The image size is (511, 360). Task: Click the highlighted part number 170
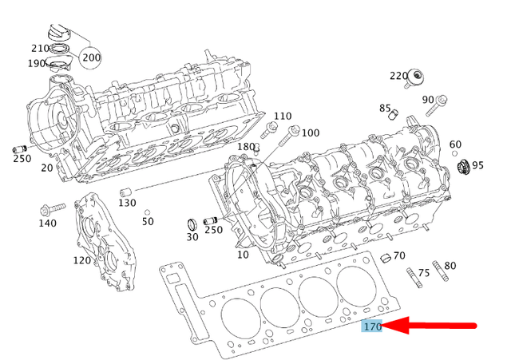point(373,326)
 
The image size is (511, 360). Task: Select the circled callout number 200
point(91,57)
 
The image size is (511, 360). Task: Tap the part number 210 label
point(40,48)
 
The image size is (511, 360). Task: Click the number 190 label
point(37,64)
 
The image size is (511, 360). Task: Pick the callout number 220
point(399,76)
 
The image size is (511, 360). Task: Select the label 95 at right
point(477,165)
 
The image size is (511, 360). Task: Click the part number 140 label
point(47,224)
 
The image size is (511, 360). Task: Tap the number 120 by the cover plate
point(81,260)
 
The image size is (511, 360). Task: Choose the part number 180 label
point(247,147)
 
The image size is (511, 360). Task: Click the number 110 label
point(283,117)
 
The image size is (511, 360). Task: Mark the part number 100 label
point(310,133)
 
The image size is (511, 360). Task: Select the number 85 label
point(386,109)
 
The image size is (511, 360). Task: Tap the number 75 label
point(424,272)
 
